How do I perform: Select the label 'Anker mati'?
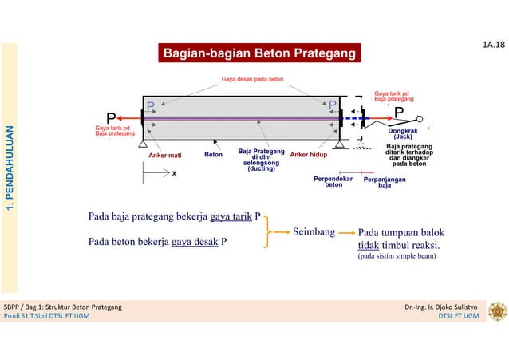[x=165, y=155]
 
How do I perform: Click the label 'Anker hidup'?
[x=309, y=155]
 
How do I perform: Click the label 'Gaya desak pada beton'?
[x=251, y=80]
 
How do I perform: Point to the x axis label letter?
[x=174, y=172]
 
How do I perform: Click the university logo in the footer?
[x=495, y=311]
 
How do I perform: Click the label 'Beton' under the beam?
[x=213, y=154]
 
